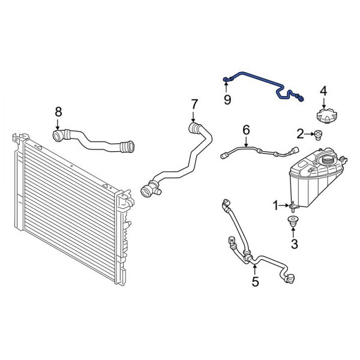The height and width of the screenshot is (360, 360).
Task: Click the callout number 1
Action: click(x=277, y=206)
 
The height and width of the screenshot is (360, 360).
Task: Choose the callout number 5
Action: click(x=255, y=281)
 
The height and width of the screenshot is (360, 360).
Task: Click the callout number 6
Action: click(x=245, y=130)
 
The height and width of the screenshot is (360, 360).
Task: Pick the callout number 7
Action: click(x=194, y=104)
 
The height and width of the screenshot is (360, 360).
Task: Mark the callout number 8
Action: click(x=58, y=111)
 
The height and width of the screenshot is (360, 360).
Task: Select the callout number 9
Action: click(x=227, y=99)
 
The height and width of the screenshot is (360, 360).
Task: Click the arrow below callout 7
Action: click(x=194, y=118)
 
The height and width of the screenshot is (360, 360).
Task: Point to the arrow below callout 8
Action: click(x=58, y=125)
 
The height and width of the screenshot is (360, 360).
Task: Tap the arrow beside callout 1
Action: click(x=287, y=206)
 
